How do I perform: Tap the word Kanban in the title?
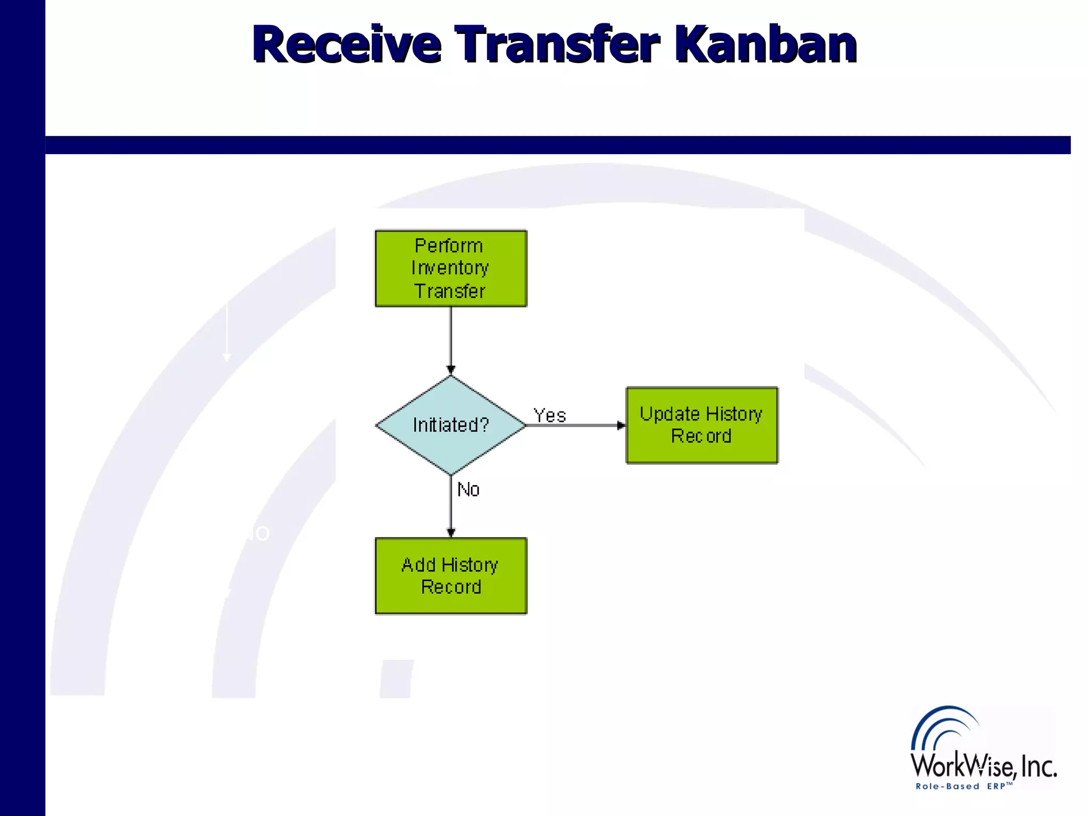[x=766, y=45]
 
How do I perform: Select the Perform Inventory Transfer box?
[x=451, y=268]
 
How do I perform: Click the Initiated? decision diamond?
[x=451, y=425]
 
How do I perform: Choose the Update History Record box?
[x=702, y=425]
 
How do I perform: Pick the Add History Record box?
[x=451, y=576]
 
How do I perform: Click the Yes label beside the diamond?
[x=550, y=415]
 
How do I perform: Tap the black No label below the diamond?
[x=468, y=489]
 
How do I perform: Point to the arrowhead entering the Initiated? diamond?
[x=451, y=370]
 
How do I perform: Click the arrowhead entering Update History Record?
[x=621, y=425]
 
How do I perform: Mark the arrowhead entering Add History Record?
[x=451, y=533]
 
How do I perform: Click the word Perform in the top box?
[x=449, y=246]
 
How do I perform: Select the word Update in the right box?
[x=669, y=414]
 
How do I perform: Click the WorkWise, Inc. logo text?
[x=984, y=767]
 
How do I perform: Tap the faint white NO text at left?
[x=256, y=533]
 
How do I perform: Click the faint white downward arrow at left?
[x=227, y=332]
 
